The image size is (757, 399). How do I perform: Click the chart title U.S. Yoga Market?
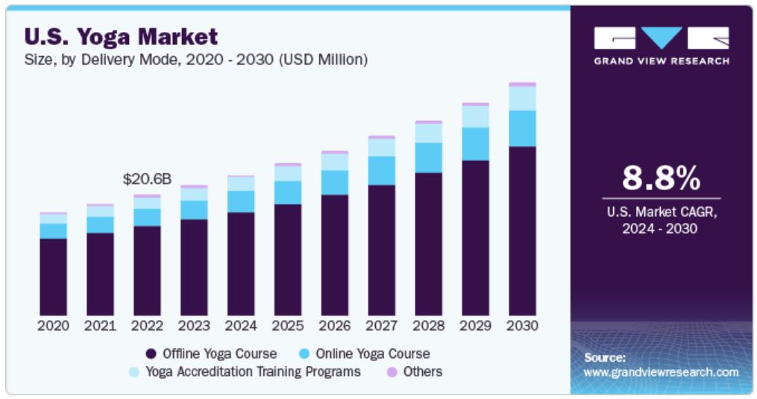pos(122,35)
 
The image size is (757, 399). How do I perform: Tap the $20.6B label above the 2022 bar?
pos(147,179)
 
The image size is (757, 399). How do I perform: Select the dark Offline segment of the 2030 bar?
pos(522,230)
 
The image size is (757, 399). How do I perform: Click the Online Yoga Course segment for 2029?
pos(475,144)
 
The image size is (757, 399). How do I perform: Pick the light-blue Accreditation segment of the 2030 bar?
pos(522,98)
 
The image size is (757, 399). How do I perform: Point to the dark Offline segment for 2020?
pos(53,277)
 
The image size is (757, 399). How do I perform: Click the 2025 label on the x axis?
pos(288,326)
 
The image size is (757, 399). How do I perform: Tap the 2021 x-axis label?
pos(100,326)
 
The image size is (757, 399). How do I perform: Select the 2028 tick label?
pos(428,326)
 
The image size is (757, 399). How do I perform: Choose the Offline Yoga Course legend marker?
pos(151,354)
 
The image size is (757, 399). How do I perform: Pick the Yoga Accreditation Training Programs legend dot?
pos(134,371)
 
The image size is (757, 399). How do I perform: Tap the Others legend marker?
pos(392,371)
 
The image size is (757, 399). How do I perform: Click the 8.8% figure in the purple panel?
pos(662,179)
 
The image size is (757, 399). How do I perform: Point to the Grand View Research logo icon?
pos(662,38)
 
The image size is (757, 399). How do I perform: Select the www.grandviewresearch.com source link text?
pos(661,372)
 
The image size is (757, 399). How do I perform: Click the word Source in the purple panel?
pos(604,358)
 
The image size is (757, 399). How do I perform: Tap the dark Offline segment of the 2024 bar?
pos(241,263)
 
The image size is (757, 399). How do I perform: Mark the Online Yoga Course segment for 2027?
pos(381,171)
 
